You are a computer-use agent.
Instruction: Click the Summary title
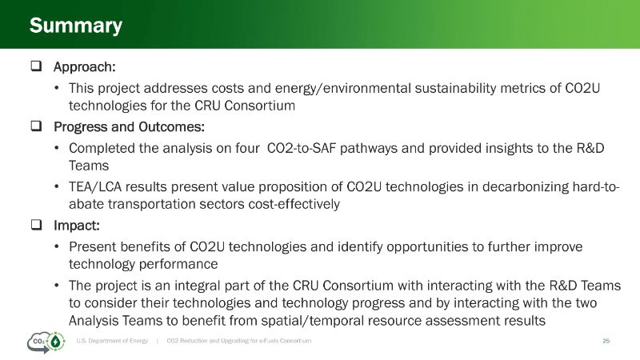coord(76,26)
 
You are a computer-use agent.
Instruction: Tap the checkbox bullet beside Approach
coord(36,66)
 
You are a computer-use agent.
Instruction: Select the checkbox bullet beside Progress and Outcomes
coord(36,126)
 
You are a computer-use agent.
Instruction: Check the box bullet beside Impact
coord(36,225)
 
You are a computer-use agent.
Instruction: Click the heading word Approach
coord(85,67)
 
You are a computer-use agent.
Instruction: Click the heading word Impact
coord(77,226)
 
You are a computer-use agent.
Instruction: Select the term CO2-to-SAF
coord(302,148)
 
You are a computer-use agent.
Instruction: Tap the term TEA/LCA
coord(95,187)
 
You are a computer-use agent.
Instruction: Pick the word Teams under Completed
coord(89,166)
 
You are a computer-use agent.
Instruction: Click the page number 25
coord(606,341)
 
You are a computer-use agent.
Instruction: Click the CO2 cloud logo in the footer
coord(46,342)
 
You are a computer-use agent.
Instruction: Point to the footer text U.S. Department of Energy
coord(112,341)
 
